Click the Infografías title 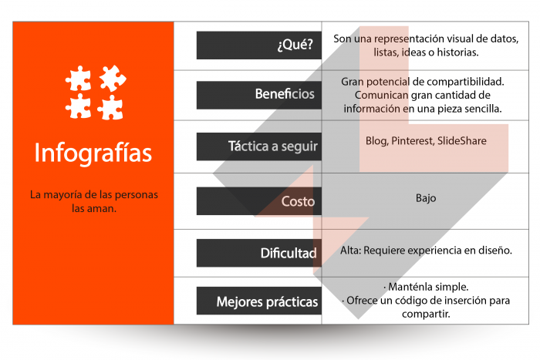(93, 152)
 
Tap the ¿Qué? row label (294, 45)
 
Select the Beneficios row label (285, 94)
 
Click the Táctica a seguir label (272, 146)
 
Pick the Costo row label (297, 201)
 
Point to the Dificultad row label (289, 252)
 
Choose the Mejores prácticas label (267, 301)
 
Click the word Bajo (426, 198)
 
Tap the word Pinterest (413, 141)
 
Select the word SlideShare (463, 141)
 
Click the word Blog (376, 141)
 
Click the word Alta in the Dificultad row (351, 251)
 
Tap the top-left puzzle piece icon (79, 79)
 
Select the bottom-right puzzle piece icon (110, 107)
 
